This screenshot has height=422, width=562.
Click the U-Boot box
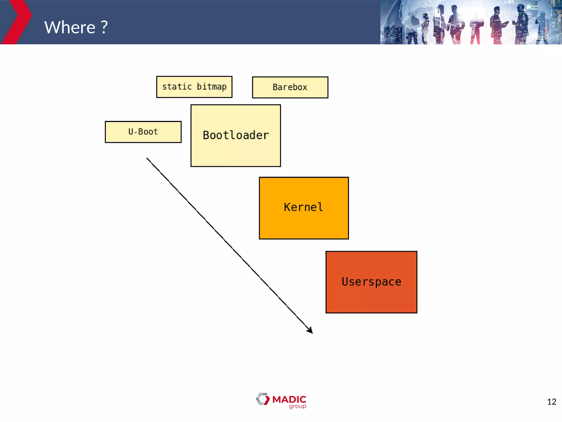(143, 132)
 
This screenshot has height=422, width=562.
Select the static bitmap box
(194, 87)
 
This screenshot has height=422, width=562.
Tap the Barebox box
(290, 87)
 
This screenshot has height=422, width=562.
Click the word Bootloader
(236, 135)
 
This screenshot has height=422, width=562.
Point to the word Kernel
(304, 207)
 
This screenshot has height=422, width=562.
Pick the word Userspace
(371, 282)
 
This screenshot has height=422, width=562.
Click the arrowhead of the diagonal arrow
(310, 331)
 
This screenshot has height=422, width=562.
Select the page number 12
(552, 402)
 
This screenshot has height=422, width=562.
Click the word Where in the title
(70, 27)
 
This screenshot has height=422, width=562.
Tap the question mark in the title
(104, 27)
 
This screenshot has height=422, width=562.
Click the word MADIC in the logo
(289, 399)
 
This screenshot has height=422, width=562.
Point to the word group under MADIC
(297, 406)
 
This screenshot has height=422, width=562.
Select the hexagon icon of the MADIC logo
(263, 399)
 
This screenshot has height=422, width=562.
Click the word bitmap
(212, 87)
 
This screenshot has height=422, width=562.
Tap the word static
(177, 87)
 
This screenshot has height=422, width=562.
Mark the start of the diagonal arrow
(147, 158)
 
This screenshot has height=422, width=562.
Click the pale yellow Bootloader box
(235, 154)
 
